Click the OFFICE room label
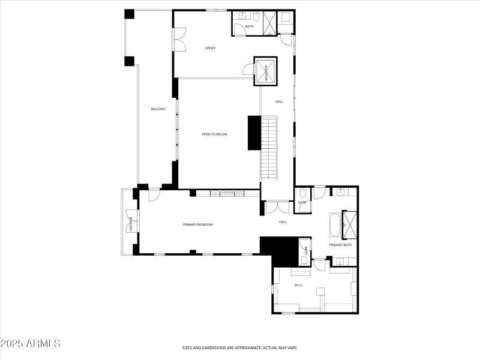(210, 48)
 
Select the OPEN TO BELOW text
(215, 134)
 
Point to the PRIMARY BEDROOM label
(198, 224)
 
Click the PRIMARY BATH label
(340, 245)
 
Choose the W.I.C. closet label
(298, 285)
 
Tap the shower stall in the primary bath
(349, 224)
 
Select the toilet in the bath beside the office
(242, 14)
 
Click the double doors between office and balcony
(178, 40)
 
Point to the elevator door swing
(248, 70)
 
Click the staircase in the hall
(269, 148)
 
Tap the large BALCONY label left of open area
(158, 109)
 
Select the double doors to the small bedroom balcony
(131, 224)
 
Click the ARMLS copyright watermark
(31, 344)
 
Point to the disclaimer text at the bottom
(240, 347)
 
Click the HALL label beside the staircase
(279, 101)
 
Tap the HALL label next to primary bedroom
(283, 222)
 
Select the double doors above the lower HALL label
(277, 208)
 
